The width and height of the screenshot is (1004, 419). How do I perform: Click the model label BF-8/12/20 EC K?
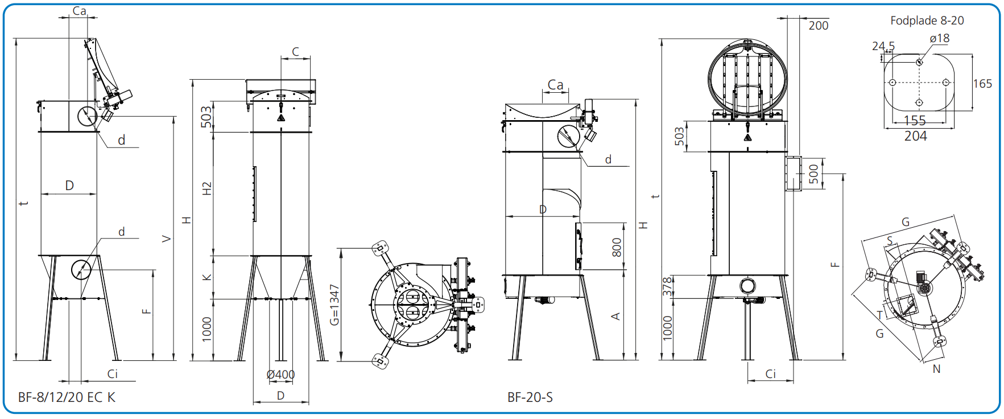67,397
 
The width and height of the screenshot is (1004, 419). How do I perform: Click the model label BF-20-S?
530,397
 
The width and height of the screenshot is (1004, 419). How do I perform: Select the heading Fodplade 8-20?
927,20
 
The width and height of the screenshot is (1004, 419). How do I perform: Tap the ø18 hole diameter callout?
939,38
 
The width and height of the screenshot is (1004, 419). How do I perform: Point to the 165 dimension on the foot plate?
982,84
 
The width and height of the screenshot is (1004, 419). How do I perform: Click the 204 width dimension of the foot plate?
915,136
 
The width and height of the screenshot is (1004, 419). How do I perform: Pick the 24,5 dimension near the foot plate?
883,46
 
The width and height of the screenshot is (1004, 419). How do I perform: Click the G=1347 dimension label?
334,305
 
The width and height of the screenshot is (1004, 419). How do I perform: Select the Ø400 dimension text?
280,375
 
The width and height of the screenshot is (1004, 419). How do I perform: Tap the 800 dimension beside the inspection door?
617,247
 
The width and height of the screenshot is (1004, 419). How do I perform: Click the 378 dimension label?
667,286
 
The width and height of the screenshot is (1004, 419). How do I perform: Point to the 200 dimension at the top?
818,26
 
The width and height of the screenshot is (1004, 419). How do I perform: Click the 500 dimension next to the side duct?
813,174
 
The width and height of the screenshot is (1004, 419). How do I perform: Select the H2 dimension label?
206,189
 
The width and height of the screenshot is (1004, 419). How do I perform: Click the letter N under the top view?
936,369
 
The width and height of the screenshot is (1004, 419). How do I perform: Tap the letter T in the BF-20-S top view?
879,315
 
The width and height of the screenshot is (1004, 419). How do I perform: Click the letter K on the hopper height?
206,277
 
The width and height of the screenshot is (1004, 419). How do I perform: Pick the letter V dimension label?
166,239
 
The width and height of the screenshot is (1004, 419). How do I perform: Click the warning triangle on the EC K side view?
281,117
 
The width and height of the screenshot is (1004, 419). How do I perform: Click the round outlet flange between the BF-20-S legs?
747,285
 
